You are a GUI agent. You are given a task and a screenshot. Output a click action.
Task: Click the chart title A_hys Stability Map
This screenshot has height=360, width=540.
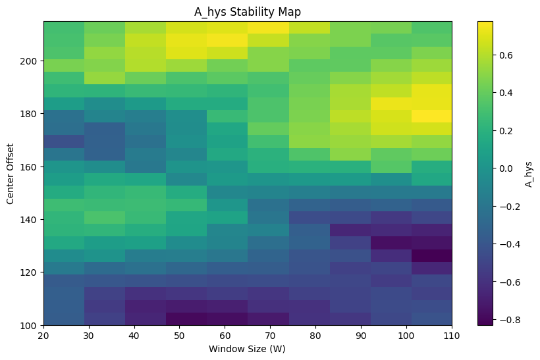coord(247,12)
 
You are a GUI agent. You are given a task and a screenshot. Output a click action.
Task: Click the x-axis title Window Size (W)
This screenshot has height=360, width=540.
coord(247,349)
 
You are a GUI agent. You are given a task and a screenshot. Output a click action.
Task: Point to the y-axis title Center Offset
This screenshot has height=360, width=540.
coord(10,174)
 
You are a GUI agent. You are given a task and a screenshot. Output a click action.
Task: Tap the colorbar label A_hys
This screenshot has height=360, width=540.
coord(528,174)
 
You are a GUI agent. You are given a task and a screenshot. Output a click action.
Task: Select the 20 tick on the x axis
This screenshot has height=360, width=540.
coord(43,336)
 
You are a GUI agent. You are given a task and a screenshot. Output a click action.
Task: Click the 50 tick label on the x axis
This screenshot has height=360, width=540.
coord(179,336)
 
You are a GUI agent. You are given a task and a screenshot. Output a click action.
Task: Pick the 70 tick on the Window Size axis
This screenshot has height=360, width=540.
coord(271,336)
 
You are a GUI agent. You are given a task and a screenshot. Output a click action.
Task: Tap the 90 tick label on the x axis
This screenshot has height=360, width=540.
coord(361,336)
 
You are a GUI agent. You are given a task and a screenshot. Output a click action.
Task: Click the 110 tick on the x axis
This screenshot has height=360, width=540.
coord(452,336)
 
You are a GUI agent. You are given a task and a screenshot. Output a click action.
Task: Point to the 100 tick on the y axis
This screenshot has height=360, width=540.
coord(28,326)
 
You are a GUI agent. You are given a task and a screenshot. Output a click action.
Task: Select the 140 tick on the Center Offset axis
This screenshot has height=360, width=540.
coord(28,220)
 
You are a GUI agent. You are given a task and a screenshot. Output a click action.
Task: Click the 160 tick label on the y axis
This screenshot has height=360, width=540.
coord(28,167)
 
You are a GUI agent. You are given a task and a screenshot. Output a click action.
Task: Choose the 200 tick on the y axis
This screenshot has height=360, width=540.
coord(28,61)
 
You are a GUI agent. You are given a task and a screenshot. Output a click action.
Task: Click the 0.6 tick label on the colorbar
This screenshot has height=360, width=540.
coord(506,55)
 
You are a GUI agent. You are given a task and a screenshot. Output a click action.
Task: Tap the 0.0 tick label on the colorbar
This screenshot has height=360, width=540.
coord(506,168)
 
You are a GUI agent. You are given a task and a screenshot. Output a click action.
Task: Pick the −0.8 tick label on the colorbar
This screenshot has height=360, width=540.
coord(509,320)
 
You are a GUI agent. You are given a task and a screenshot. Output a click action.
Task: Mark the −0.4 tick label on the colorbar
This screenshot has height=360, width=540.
coord(509,244)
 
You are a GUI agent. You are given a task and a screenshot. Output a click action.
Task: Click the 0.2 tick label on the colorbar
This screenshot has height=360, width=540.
coord(506,131)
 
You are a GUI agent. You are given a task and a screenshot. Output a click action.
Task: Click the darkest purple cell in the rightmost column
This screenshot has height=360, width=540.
coord(431,256)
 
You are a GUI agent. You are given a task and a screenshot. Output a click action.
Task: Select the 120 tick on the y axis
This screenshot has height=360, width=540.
coord(28,272)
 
